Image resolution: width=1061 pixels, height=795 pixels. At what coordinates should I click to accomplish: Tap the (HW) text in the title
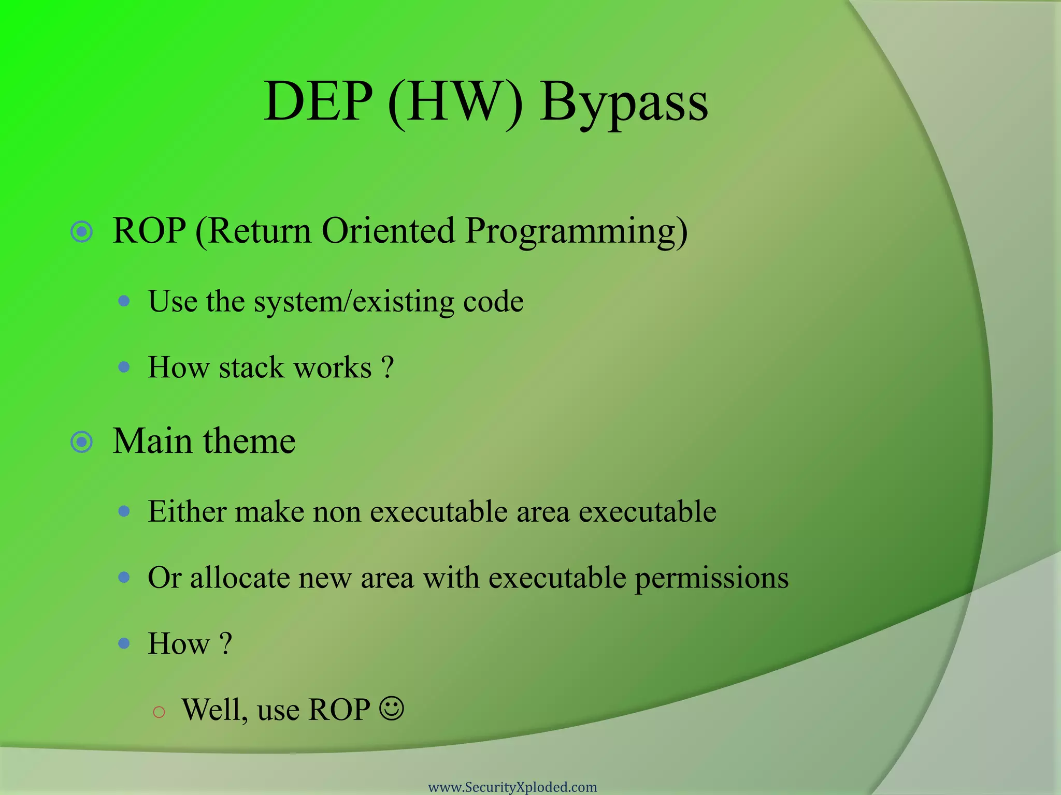[x=455, y=101]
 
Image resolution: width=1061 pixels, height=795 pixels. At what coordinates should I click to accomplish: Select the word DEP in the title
[x=318, y=101]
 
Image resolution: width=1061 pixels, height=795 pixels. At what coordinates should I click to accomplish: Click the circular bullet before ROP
[x=81, y=231]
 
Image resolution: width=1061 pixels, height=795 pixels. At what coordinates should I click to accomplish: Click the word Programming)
[x=576, y=231]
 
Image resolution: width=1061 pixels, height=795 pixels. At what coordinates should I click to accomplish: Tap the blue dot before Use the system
[x=124, y=301]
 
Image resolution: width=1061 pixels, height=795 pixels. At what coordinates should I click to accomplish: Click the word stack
[x=252, y=367]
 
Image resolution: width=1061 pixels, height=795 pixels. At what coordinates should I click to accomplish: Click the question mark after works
[x=388, y=367]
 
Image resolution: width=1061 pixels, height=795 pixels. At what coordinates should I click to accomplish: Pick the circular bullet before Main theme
[x=81, y=442]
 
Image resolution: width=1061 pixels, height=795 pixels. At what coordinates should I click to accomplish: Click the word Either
[x=187, y=511]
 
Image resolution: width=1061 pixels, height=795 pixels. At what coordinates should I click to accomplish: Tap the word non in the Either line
[x=337, y=512]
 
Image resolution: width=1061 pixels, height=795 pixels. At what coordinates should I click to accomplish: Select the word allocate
[x=239, y=578]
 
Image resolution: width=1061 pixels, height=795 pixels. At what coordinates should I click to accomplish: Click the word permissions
[x=711, y=579]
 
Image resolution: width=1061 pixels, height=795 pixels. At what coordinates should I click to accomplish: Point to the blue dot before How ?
[x=124, y=643]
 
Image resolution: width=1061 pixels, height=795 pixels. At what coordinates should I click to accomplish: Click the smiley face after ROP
[x=391, y=709]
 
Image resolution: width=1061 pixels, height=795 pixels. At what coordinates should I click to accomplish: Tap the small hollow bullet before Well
[x=159, y=712]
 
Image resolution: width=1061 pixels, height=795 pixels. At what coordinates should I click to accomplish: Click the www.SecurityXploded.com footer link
[x=512, y=787]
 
